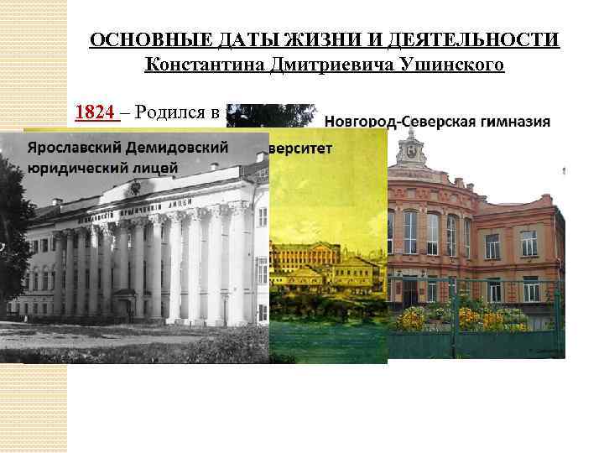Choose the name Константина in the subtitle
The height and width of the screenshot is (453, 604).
click(196, 65)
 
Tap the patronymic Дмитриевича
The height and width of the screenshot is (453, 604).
click(325, 65)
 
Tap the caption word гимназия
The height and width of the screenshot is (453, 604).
click(513, 122)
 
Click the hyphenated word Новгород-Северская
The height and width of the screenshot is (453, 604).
click(398, 122)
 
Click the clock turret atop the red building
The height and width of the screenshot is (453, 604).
click(412, 150)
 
